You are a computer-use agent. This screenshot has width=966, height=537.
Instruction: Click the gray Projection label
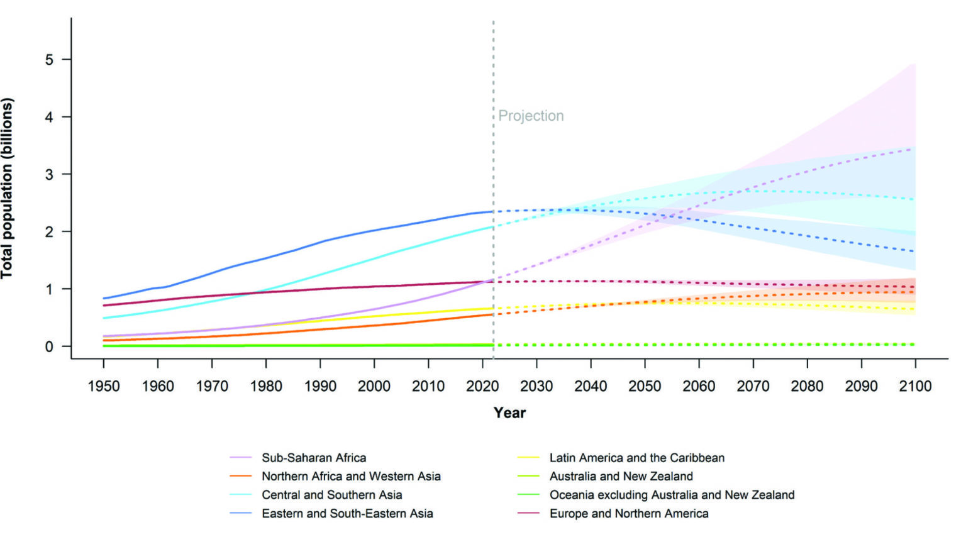(x=531, y=116)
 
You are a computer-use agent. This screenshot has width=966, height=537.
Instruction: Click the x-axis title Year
(x=509, y=412)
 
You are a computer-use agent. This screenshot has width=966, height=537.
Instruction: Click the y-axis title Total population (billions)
(x=8, y=188)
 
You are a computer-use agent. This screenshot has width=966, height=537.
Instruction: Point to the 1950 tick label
(x=104, y=386)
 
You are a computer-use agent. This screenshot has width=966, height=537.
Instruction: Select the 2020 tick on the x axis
(x=482, y=386)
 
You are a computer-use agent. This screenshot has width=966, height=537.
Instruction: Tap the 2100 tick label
(x=915, y=386)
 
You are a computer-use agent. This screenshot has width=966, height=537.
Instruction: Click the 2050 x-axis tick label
(x=645, y=386)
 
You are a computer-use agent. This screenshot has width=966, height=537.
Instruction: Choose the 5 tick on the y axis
(x=49, y=60)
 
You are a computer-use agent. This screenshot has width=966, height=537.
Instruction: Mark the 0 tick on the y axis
(x=49, y=346)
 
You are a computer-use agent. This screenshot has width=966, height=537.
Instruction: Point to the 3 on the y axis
(x=49, y=174)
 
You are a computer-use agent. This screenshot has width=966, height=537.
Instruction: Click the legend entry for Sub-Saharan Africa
(x=314, y=458)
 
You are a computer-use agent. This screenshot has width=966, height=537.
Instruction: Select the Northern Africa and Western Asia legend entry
(x=351, y=476)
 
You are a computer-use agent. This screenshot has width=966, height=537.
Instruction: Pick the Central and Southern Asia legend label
(x=331, y=495)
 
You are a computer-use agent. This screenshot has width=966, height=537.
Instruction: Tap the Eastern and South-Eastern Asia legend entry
(x=347, y=513)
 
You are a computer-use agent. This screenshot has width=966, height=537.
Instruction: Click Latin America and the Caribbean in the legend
(x=636, y=458)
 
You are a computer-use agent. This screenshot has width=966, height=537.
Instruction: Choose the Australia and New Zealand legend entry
(x=621, y=476)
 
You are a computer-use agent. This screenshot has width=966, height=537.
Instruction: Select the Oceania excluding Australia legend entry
(x=672, y=495)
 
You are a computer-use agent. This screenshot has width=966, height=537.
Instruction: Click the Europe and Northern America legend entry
(x=629, y=513)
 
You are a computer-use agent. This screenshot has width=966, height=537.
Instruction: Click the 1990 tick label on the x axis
(x=320, y=386)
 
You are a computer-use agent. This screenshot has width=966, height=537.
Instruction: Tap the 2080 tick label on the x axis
(x=807, y=386)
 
